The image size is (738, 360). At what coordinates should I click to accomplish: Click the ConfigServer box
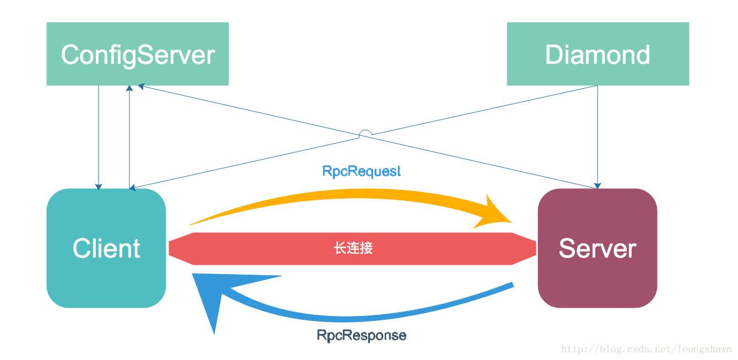coord(137,54)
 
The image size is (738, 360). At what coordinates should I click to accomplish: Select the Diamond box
coord(598,54)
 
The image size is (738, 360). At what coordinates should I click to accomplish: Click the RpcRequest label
coord(361,171)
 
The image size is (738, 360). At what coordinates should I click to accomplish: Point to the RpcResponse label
coord(361,335)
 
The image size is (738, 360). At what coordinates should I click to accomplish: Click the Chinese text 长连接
coord(353,248)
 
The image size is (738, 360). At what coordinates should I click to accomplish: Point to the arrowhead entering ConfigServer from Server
coord(140,86)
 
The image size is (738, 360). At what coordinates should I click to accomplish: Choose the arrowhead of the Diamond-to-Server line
coord(598,186)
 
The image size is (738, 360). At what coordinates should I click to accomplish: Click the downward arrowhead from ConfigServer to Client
coord(99,187)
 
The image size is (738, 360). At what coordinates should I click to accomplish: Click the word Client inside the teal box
coord(106,248)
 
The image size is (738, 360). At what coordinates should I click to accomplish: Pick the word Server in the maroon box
coord(597,248)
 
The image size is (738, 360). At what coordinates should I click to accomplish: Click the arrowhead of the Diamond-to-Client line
coord(133,188)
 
